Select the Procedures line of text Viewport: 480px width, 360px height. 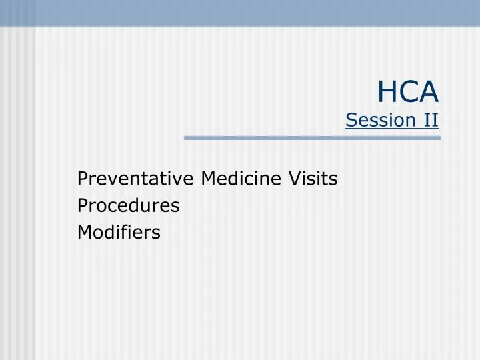(x=129, y=206)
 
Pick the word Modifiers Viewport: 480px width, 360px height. (x=119, y=232)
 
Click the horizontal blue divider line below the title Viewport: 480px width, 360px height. (x=312, y=138)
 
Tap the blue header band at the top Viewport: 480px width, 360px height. (x=240, y=13)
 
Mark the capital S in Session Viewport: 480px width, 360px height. (x=351, y=120)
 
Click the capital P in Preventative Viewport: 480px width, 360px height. (x=83, y=179)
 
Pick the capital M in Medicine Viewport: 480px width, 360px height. (x=209, y=179)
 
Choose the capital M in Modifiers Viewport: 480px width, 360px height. (x=85, y=232)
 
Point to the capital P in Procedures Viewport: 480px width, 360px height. (x=83, y=206)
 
